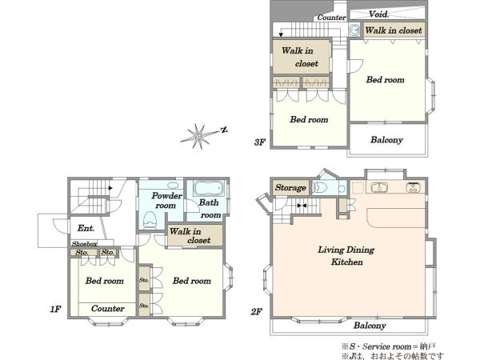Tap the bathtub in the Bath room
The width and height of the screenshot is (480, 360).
point(209,188)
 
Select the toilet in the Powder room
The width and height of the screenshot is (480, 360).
point(150,219)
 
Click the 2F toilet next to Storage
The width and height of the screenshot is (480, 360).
point(319,187)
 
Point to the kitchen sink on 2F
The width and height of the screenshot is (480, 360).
point(379,187)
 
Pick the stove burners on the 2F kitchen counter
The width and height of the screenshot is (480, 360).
point(413,187)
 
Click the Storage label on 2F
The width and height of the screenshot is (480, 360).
point(290,187)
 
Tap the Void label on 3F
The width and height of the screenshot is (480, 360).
point(378,14)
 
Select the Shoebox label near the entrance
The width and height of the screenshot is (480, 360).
point(85,244)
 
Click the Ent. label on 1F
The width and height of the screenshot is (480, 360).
point(86,228)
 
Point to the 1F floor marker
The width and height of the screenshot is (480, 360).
point(55,309)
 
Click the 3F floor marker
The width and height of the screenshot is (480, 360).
point(259,142)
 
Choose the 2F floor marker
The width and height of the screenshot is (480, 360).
point(256,312)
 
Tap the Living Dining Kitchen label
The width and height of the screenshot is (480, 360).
point(346,256)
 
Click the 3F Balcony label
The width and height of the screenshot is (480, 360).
point(386,140)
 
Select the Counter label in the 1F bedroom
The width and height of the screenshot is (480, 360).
point(108,308)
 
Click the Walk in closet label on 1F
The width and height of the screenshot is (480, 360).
point(190,236)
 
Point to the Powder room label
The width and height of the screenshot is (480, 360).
point(167,200)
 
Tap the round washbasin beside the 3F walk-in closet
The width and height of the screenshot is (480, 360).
point(354,30)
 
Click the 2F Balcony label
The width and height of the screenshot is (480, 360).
point(370,326)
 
